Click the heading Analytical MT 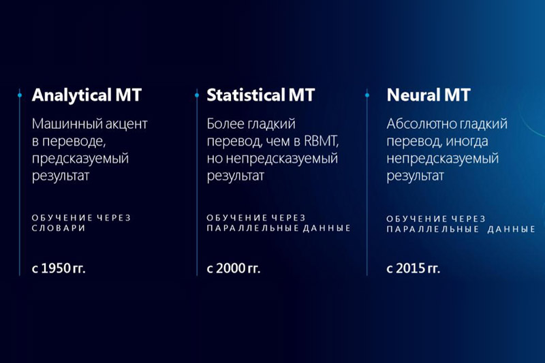87,95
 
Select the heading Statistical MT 261,95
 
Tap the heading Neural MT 429,95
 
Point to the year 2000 231,268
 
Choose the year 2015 411,268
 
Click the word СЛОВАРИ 59,228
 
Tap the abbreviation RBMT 321,141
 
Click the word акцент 127,125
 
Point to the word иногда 467,142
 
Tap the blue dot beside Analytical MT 20,95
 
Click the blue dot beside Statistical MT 197,95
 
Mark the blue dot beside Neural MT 367,95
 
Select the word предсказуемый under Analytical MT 80,159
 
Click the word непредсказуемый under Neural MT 442,159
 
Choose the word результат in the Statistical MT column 236,176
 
